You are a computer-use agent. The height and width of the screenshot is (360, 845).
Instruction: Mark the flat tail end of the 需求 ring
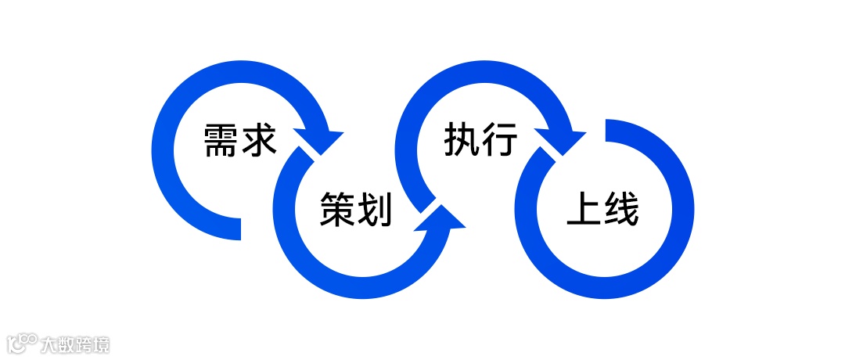click(235, 229)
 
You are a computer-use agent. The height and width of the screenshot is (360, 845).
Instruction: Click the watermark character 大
click(51, 344)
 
